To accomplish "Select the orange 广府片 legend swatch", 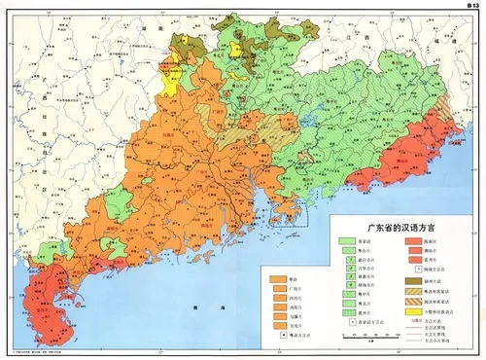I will [x=278, y=288].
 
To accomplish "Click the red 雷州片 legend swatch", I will [x=414, y=260].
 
